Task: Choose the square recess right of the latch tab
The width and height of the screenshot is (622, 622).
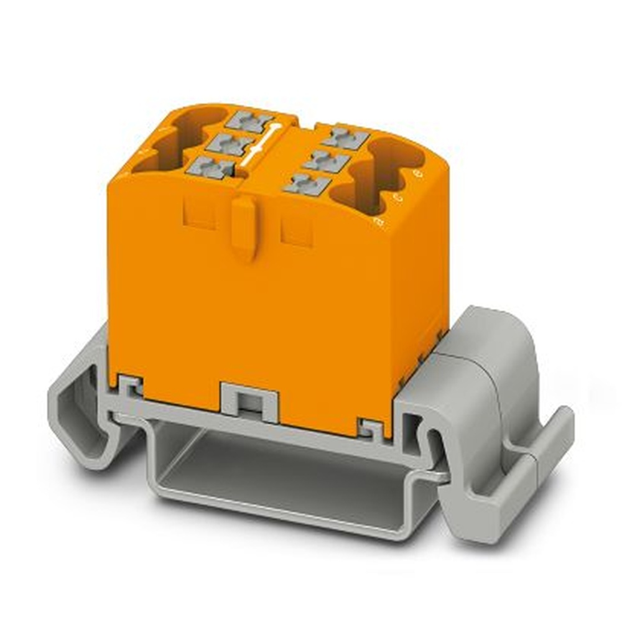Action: click(297, 231)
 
